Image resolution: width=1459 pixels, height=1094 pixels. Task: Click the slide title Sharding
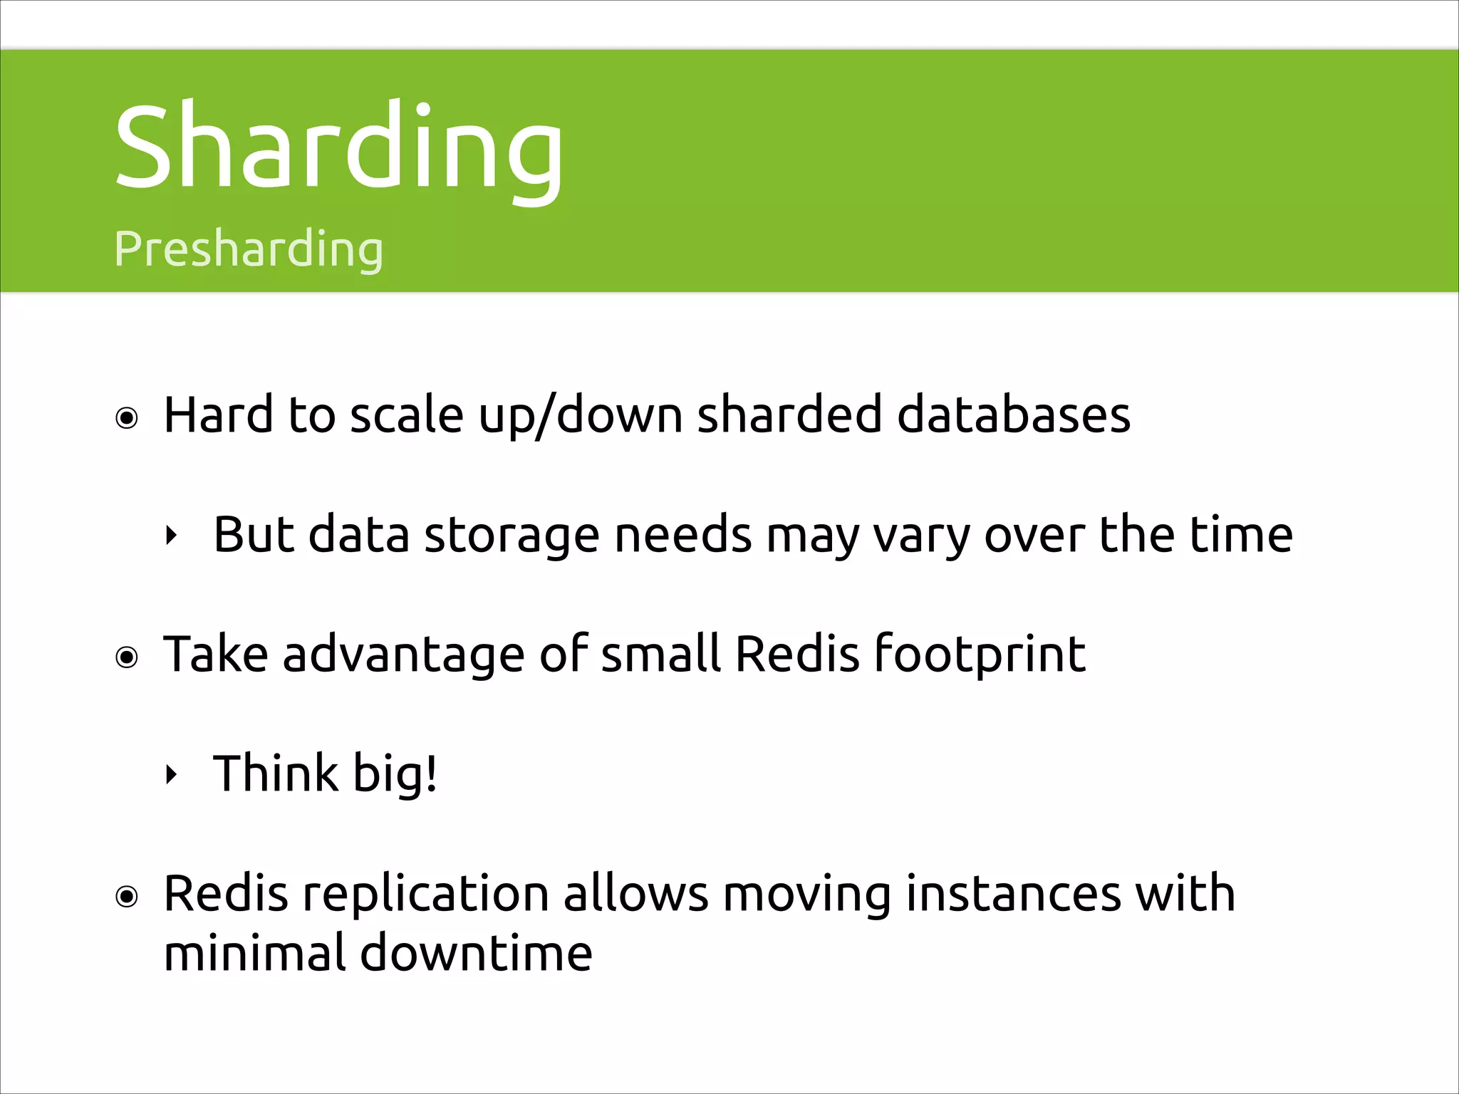[338, 148]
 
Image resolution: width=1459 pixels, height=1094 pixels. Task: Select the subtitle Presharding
[249, 249]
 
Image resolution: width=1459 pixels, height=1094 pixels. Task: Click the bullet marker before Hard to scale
[127, 418]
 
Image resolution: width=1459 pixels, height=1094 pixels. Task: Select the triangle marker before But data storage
[170, 536]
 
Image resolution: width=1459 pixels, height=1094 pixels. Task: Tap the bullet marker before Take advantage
[127, 657]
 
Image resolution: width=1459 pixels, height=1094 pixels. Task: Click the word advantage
[403, 655]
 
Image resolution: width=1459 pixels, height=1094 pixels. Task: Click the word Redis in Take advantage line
[796, 653]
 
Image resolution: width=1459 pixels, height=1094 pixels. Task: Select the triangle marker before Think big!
[170, 774]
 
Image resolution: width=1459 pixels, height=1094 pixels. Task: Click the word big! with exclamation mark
[395, 774]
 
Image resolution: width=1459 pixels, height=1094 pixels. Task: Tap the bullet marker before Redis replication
[127, 896]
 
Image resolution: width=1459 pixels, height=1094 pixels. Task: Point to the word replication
[425, 895]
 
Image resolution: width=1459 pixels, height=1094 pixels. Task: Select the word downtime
[476, 953]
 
